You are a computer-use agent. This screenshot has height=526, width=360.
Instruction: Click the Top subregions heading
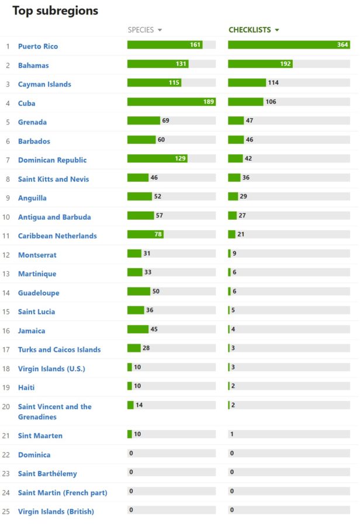pyautogui.click(x=55, y=11)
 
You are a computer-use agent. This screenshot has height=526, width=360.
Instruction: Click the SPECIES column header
pyautogui.click(x=141, y=30)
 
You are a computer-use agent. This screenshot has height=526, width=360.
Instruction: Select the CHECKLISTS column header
pyautogui.click(x=250, y=30)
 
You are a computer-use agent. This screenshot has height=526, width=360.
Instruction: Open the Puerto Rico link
pyautogui.click(x=38, y=46)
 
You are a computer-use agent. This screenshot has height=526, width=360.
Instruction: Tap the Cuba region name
pyautogui.click(x=26, y=103)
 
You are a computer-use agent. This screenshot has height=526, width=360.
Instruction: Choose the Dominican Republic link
pyautogui.click(x=52, y=160)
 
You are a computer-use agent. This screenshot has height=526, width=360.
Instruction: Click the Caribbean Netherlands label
pyautogui.click(x=57, y=236)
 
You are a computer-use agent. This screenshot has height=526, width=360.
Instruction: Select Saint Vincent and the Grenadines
pyautogui.click(x=54, y=411)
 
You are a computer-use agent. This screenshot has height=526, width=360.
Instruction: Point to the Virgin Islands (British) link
pyautogui.click(x=56, y=511)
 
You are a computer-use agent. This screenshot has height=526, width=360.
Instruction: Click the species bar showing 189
pyautogui.click(x=171, y=102)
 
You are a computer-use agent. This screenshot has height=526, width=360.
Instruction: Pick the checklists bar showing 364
pyautogui.click(x=289, y=45)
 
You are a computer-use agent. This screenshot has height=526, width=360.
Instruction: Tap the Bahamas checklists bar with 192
pyautogui.click(x=260, y=64)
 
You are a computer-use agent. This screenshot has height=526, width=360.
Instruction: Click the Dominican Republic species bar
pyautogui.click(x=157, y=158)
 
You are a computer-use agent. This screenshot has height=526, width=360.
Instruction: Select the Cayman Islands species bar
pyautogui.click(x=154, y=82)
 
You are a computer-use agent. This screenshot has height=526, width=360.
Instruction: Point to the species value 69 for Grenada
pyautogui.click(x=165, y=120)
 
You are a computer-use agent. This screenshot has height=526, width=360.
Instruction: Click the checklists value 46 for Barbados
pyautogui.click(x=250, y=140)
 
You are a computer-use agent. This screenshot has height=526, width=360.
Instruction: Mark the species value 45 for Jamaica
pyautogui.click(x=154, y=329)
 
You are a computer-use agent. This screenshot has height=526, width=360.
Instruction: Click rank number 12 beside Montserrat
pyautogui.click(x=6, y=255)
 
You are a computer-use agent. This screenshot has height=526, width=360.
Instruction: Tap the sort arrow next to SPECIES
pyautogui.click(x=160, y=30)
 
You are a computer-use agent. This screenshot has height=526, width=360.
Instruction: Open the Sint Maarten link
pyautogui.click(x=40, y=435)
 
